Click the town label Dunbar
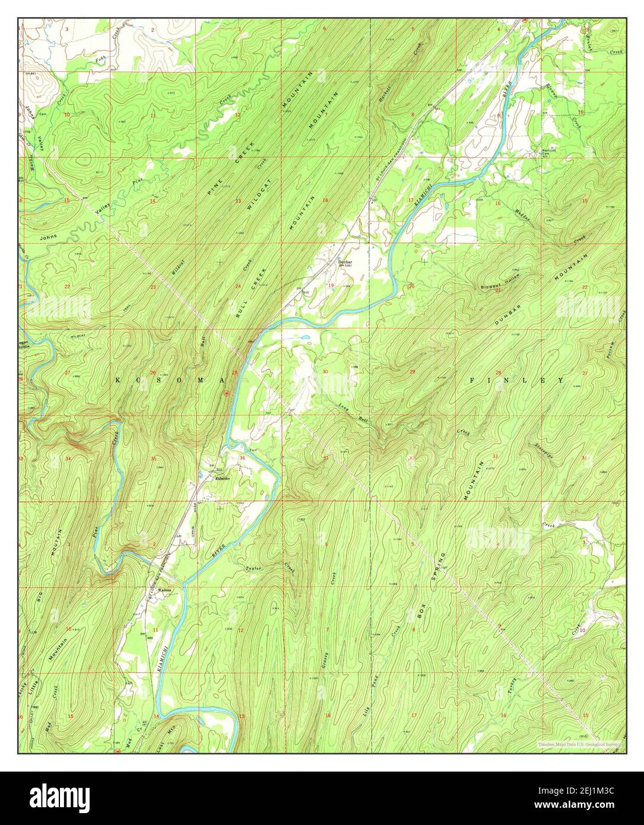[345, 262]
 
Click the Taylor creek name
[253, 568]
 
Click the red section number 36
[242, 458]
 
